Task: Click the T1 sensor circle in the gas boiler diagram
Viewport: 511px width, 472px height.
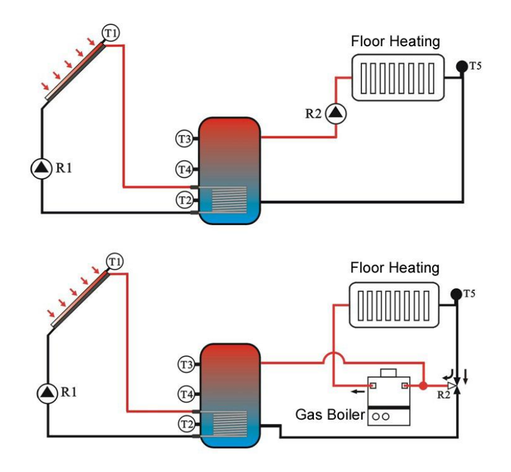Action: point(114,262)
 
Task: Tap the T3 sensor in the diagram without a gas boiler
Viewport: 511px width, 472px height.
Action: point(184,139)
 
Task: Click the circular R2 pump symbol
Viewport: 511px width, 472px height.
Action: point(335,113)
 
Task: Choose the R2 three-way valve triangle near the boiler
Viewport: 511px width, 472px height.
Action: point(451,385)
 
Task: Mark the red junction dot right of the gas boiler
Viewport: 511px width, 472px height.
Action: point(423,385)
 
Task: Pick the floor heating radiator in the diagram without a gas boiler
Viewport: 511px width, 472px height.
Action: point(398,77)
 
